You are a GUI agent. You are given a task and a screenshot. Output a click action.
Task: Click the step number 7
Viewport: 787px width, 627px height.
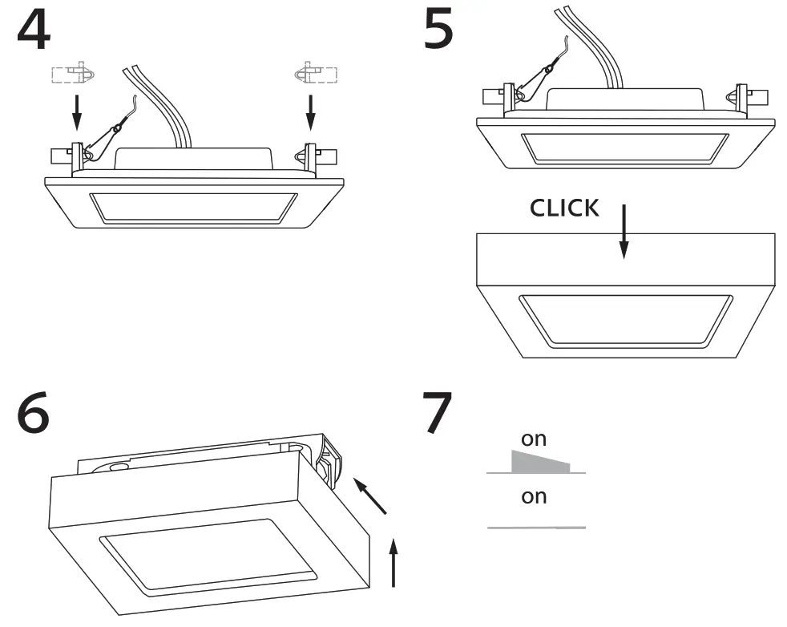tap(438, 413)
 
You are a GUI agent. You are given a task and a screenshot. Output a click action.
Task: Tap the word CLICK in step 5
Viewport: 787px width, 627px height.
tap(564, 208)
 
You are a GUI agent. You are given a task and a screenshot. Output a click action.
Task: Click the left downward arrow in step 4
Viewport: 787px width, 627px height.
tap(76, 111)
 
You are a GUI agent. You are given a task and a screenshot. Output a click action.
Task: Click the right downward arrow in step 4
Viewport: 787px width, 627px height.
tap(311, 111)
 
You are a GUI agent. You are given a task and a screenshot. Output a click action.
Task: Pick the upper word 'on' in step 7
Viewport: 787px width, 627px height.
tap(534, 439)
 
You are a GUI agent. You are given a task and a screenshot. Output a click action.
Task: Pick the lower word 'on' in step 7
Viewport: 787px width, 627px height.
tap(534, 496)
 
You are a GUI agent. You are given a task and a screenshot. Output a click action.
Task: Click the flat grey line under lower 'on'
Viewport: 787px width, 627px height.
tap(536, 528)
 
